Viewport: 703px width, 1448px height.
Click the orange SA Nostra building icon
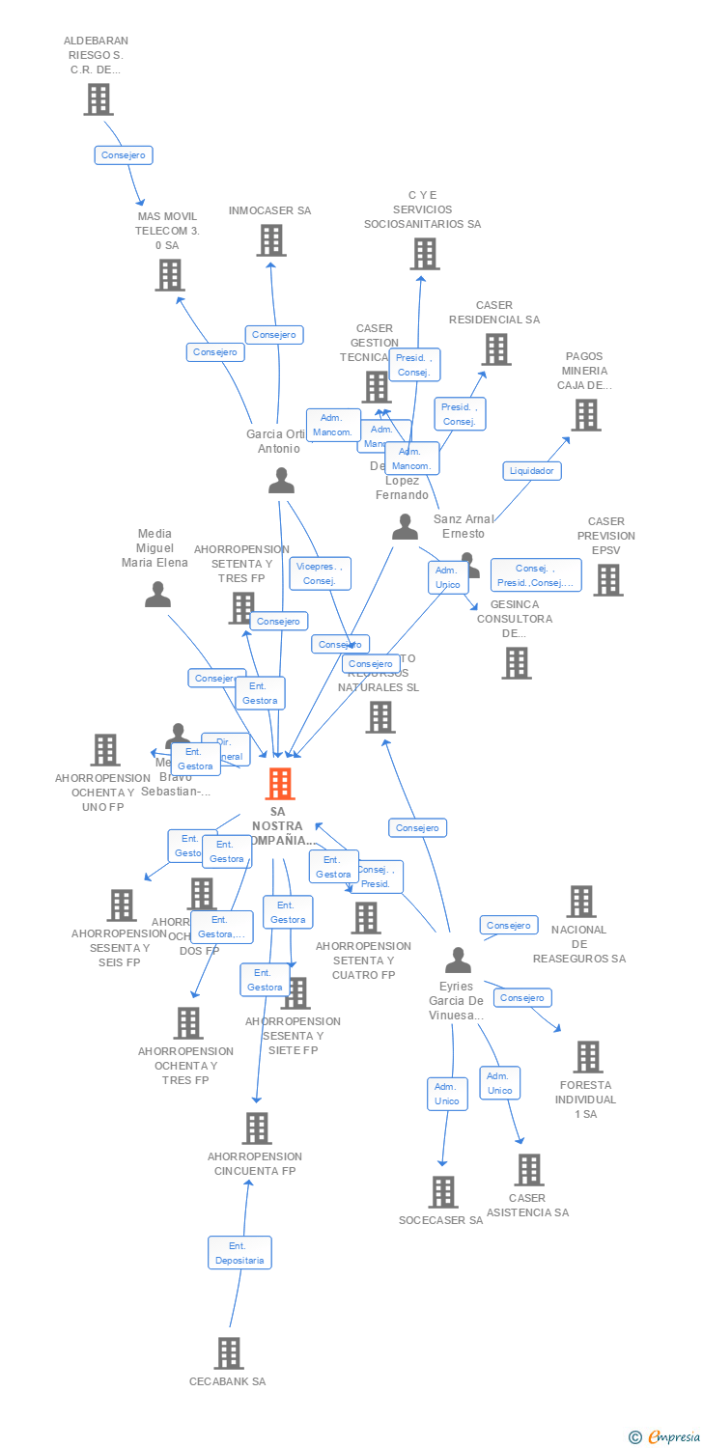click(x=279, y=784)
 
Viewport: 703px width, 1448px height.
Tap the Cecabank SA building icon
click(x=228, y=1353)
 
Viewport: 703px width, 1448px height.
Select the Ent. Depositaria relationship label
click(x=239, y=1253)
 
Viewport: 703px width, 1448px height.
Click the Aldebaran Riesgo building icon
click(x=98, y=98)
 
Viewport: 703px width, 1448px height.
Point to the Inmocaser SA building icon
click(x=271, y=240)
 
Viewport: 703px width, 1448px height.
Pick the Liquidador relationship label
click(x=532, y=470)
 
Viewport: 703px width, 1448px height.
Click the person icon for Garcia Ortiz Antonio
click(x=281, y=480)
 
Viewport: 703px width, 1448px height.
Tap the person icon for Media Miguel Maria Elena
click(x=157, y=594)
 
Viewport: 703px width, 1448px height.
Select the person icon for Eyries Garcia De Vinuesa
click(x=458, y=960)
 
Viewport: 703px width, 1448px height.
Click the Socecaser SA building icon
click(x=442, y=1192)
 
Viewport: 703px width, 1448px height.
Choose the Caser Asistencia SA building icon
click(x=528, y=1169)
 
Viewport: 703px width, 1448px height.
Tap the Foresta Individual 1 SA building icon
click(x=587, y=1057)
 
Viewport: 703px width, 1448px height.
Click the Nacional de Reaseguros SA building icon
click(x=580, y=901)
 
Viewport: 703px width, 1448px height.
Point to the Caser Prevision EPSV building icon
click(x=607, y=580)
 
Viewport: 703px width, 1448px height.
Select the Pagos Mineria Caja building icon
click(x=585, y=415)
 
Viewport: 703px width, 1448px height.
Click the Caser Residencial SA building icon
click(x=495, y=349)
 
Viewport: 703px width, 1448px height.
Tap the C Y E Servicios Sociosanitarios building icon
click(x=423, y=254)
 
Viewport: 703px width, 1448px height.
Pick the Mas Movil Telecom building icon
click(x=170, y=275)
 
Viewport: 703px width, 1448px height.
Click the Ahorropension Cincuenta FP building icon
click(x=256, y=1128)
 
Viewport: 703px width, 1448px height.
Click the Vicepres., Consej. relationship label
click(x=320, y=573)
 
